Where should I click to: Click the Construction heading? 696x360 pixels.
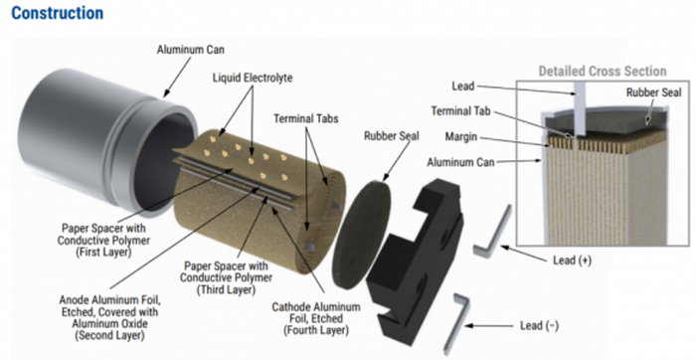[x=58, y=13]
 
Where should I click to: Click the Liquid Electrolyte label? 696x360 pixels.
[x=253, y=79]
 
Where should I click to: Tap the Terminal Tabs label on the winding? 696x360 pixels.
[x=306, y=118]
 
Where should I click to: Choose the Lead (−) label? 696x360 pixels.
[x=539, y=326]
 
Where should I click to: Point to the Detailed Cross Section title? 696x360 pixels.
[x=603, y=71]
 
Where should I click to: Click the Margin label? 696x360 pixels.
[x=461, y=136]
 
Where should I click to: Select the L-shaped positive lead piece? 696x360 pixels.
[x=492, y=232]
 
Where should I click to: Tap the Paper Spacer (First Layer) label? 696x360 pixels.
[x=103, y=240]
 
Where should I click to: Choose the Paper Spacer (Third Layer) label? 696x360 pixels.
[x=226, y=277]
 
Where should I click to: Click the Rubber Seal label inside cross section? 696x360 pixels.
[x=654, y=92]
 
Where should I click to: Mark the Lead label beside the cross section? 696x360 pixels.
[x=463, y=86]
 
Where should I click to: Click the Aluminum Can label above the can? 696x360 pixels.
[x=191, y=50]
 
